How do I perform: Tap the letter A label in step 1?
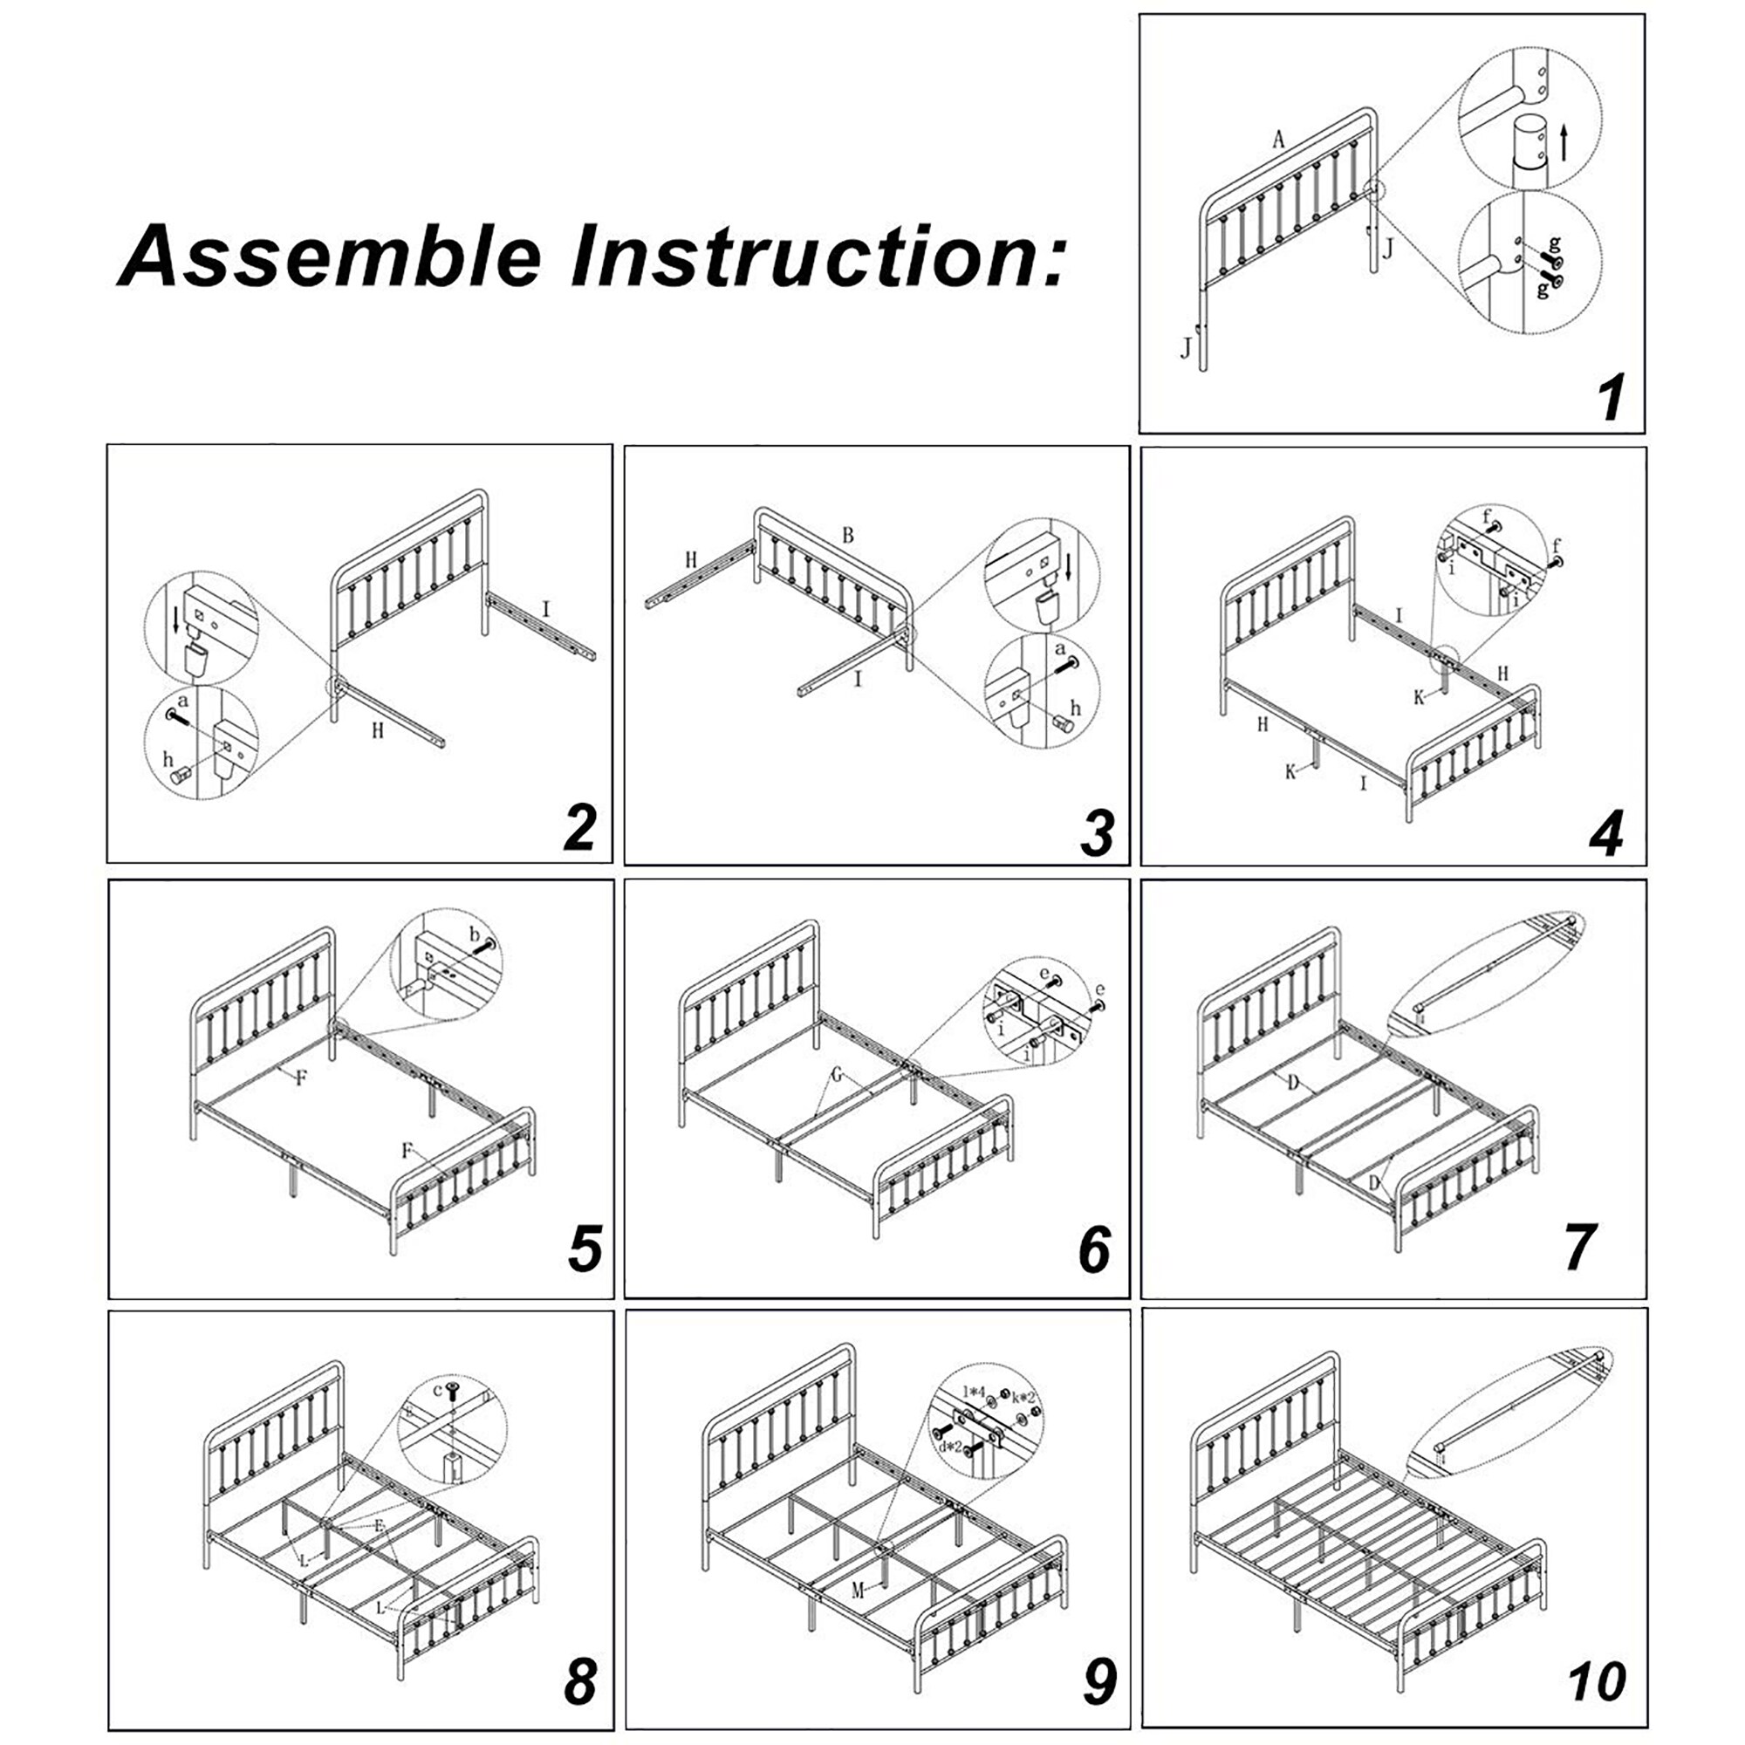(1278, 139)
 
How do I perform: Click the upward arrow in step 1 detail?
(1564, 145)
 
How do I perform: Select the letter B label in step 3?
(847, 536)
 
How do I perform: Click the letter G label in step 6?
(838, 1075)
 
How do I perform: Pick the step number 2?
(579, 826)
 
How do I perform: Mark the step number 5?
(585, 1248)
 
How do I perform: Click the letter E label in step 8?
(380, 1525)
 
